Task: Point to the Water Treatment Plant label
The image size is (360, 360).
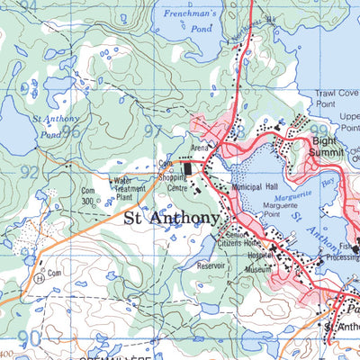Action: point(130,188)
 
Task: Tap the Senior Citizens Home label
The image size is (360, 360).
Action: point(241,238)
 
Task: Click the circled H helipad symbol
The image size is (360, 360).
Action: point(40,277)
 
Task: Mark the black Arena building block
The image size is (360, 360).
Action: point(188,168)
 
